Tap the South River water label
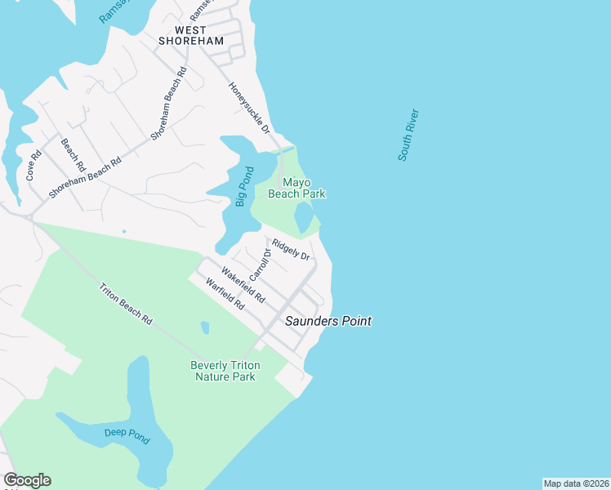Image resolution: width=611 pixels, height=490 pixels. point(408,135)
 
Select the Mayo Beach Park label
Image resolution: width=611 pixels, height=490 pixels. point(304,188)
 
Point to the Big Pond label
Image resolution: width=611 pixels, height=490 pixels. point(243,186)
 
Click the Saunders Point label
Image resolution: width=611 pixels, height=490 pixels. point(328,322)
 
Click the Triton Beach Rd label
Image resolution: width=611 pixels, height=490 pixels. point(126,304)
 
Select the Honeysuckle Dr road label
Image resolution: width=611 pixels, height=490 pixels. point(248,108)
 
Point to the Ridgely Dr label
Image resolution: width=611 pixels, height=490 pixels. point(292,249)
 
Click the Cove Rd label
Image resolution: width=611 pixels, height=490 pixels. point(34,166)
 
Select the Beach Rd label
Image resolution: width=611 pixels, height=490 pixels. point(73,154)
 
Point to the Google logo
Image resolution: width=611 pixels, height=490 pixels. point(27,480)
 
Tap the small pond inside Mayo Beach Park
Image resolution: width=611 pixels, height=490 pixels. point(303,217)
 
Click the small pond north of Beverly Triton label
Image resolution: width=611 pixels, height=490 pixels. point(204,327)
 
